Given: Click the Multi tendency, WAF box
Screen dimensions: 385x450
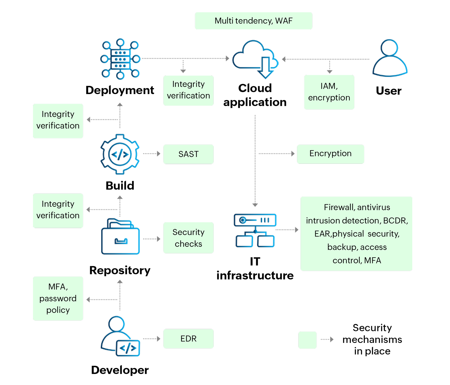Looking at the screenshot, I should click(x=253, y=21).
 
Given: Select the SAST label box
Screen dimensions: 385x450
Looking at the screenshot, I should click(x=188, y=154).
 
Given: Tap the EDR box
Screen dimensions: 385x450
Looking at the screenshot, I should click(x=188, y=339).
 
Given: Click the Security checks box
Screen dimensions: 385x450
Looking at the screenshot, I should click(x=188, y=238).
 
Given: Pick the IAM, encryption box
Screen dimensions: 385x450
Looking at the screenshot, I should click(x=329, y=92).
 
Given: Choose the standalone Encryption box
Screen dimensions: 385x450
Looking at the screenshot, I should click(x=330, y=154).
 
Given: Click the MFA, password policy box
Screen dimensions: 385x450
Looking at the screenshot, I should click(x=58, y=298).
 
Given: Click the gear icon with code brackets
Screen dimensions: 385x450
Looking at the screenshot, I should click(x=120, y=154).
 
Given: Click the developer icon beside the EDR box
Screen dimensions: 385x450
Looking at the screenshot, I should click(x=121, y=337).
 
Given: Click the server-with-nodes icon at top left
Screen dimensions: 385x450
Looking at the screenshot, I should click(x=120, y=59).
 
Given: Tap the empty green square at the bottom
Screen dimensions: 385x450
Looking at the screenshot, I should click(x=307, y=340).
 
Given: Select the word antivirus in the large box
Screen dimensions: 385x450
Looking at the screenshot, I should click(x=373, y=207).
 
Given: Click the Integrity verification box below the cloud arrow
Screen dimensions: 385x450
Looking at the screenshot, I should click(x=188, y=90).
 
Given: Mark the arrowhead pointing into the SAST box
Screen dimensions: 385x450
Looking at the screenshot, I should click(x=159, y=154).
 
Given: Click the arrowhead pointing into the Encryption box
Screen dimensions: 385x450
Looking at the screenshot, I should click(x=293, y=154).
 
